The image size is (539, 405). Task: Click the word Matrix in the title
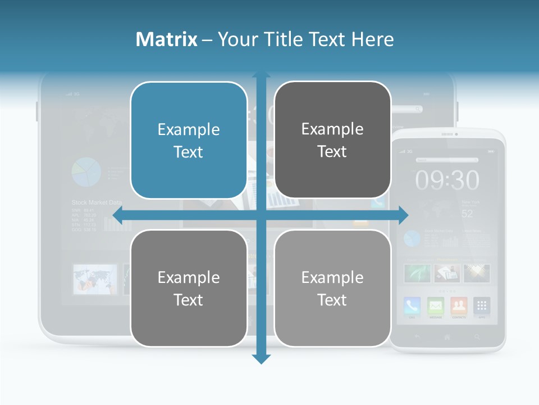coord(166,39)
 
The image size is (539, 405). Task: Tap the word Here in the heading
coord(372,39)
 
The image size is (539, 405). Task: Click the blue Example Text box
coord(189,140)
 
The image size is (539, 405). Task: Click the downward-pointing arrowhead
coord(261,358)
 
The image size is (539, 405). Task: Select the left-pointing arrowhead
coord(117,214)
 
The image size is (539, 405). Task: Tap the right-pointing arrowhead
coord(404,214)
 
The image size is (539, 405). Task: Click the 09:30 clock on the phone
coord(447,181)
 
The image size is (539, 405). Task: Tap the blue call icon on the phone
coord(413,305)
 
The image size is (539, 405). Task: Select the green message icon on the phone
coord(436,305)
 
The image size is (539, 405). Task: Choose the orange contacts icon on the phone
coord(459,305)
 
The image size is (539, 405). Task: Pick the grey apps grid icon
coord(482,305)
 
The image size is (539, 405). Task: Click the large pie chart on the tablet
coord(86,172)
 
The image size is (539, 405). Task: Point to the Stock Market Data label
coord(97,202)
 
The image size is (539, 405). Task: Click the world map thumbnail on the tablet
coord(95,279)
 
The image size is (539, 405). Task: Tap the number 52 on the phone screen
coord(467,214)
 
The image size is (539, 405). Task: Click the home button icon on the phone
coord(447,337)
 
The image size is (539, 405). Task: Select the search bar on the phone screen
coord(447,160)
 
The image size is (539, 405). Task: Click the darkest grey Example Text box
coord(332,140)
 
